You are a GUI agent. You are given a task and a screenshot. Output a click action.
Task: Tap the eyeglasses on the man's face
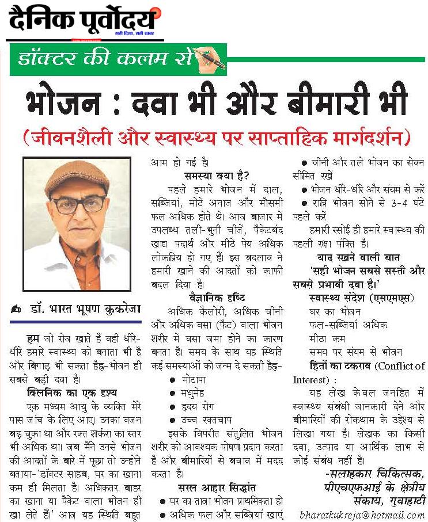coord(78,204)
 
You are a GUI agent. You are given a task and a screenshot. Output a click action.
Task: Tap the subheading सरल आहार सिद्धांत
coord(217,487)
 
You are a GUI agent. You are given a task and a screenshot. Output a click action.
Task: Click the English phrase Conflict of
coord(400,365)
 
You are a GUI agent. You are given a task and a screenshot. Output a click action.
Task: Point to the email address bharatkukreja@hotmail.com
coord(361,515)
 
